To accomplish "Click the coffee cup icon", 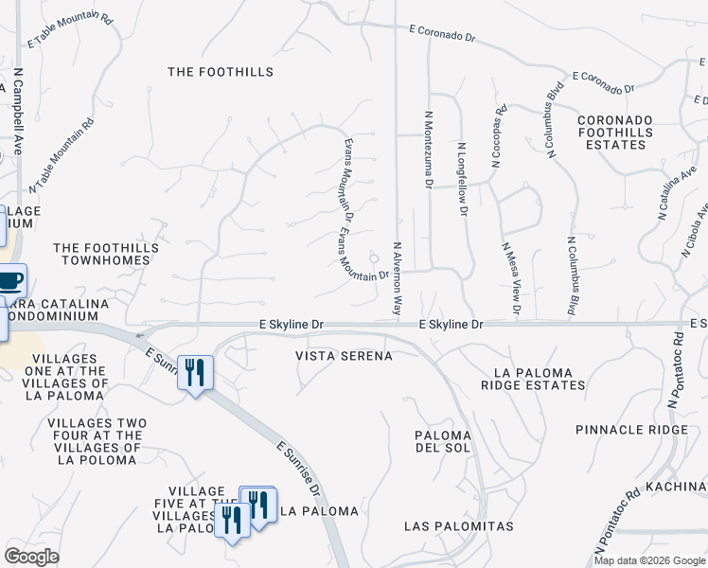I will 9,280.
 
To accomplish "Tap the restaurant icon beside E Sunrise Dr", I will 195,371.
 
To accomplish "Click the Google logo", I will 32,557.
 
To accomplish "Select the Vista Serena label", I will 344,355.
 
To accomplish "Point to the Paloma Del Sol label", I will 443,441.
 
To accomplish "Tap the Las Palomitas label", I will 458,525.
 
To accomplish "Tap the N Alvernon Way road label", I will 398,278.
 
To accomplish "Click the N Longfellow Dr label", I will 463,180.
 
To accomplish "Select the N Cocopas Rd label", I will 497,136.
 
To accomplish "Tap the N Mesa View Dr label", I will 510,277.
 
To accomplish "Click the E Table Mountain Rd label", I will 70,30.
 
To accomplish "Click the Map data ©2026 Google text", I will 650,560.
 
